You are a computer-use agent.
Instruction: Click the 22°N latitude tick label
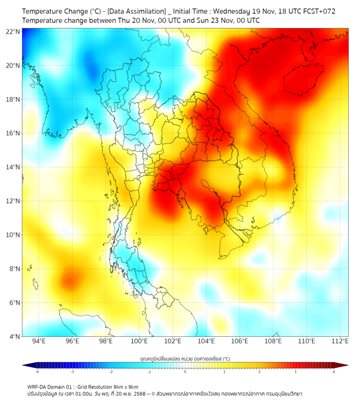pos(13,32)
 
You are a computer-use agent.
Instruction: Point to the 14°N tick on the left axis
pos(13,167)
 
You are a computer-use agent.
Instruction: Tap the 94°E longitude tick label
pos(39,342)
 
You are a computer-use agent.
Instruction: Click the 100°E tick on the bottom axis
pos(139,342)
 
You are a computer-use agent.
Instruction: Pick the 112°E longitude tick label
pos(340,342)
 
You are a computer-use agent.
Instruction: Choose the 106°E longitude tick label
pos(240,342)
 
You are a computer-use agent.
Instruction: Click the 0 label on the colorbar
pos(185,372)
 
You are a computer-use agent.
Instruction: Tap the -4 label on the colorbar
pos(37,372)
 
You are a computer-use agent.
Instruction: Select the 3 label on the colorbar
pos(296,372)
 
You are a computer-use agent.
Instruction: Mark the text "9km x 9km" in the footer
pos(124,387)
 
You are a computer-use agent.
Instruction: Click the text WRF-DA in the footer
pos(37,387)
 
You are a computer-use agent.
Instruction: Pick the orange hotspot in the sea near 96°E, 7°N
pos(70,279)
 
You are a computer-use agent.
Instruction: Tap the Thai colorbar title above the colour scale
pos(185,359)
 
